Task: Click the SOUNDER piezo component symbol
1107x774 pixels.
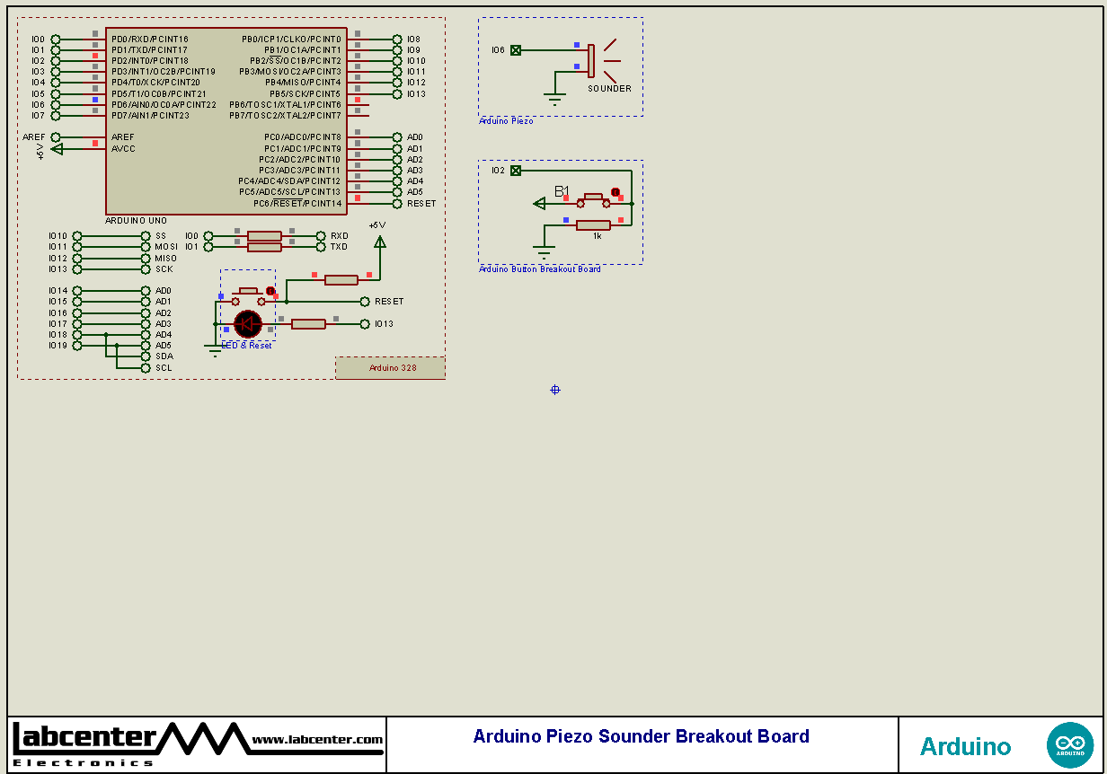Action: pyautogui.click(x=592, y=61)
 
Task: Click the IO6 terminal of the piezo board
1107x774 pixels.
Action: pyautogui.click(x=516, y=50)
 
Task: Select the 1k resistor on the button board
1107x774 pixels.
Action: pyautogui.click(x=593, y=225)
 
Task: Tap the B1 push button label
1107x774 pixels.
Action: pyautogui.click(x=562, y=191)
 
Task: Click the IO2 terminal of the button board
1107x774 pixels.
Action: pyautogui.click(x=516, y=171)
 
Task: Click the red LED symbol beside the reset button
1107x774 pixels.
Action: pyautogui.click(x=247, y=323)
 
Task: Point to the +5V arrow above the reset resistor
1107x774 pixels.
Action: pyautogui.click(x=379, y=241)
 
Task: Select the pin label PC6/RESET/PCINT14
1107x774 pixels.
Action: pyautogui.click(x=297, y=204)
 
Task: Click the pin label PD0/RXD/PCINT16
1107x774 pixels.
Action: pyautogui.click(x=150, y=40)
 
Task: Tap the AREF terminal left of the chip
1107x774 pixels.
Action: pyautogui.click(x=55, y=137)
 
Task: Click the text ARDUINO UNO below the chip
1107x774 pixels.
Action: pyautogui.click(x=136, y=220)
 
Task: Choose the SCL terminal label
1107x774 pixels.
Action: pyautogui.click(x=164, y=368)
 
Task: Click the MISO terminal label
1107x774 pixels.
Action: pyautogui.click(x=165, y=259)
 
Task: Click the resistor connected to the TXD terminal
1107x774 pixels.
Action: pyautogui.click(x=264, y=246)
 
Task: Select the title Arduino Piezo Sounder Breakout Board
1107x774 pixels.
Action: pyautogui.click(x=641, y=736)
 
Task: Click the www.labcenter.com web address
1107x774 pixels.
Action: pyautogui.click(x=317, y=740)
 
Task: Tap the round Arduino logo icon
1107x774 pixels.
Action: pyautogui.click(x=1069, y=745)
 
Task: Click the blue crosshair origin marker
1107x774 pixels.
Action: pyautogui.click(x=554, y=390)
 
